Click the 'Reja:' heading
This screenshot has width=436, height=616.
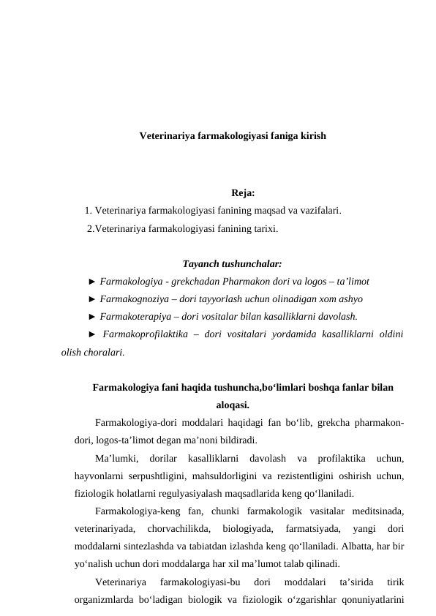tap(243, 194)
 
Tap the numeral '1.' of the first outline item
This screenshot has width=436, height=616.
tap(89, 211)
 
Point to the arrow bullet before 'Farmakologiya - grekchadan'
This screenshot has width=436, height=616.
tap(91, 281)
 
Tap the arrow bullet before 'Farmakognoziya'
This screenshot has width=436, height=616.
tap(91, 298)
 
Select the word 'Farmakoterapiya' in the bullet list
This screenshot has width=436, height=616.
tap(135, 316)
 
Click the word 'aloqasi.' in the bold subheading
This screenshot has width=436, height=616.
tap(233, 404)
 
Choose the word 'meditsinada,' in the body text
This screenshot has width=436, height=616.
tap(377, 510)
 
